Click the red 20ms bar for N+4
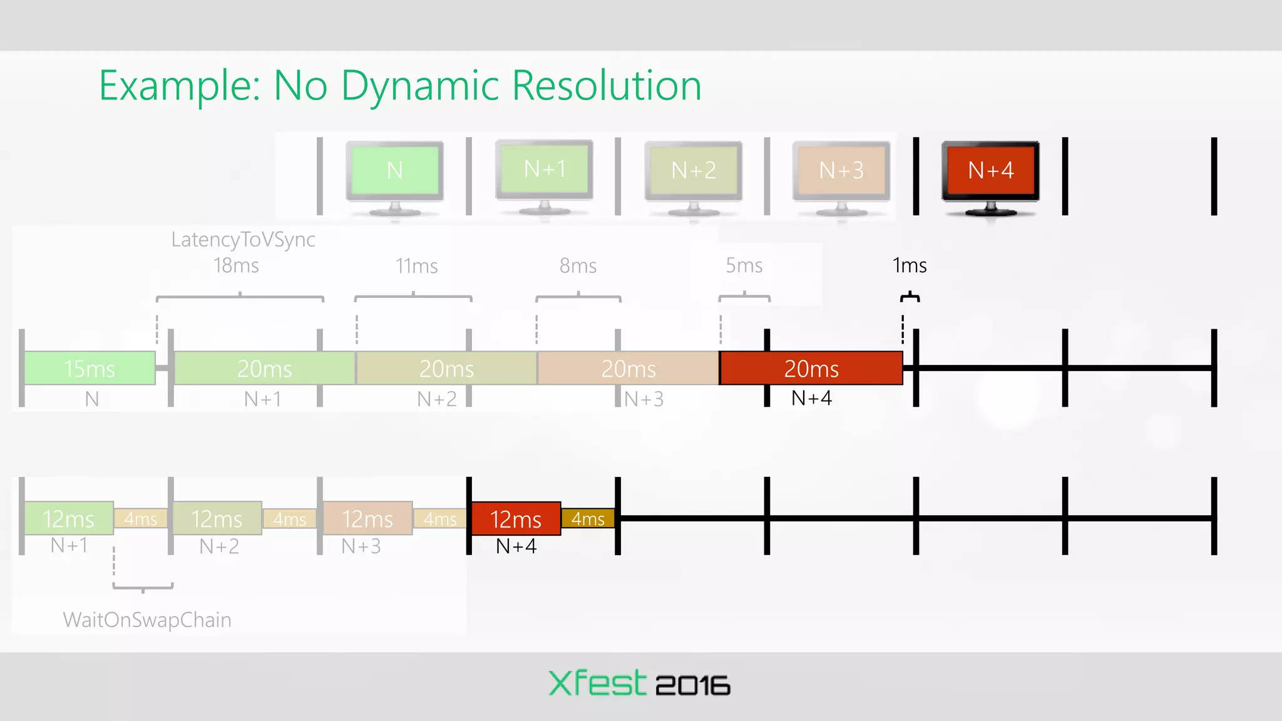pyautogui.click(x=811, y=368)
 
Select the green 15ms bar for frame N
pyautogui.click(x=90, y=368)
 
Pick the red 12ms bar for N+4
pyautogui.click(x=515, y=518)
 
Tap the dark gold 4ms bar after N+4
pyautogui.click(x=587, y=518)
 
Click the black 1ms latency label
pyautogui.click(x=909, y=265)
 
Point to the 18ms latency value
pyautogui.click(x=236, y=265)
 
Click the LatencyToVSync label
pyautogui.click(x=243, y=239)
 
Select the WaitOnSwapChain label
pyautogui.click(x=147, y=620)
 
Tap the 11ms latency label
pyautogui.click(x=416, y=266)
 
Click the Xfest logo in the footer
pyautogui.click(x=597, y=683)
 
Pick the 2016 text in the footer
pyautogui.click(x=693, y=686)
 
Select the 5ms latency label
pyautogui.click(x=744, y=265)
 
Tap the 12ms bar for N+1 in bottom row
pyautogui.click(x=68, y=518)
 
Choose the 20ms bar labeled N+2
pyautogui.click(x=446, y=368)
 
